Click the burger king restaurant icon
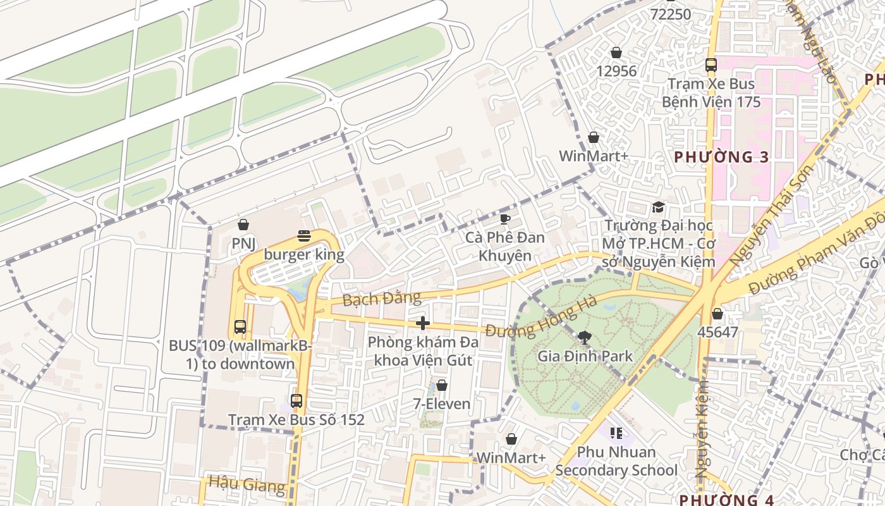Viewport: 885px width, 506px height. click(x=304, y=237)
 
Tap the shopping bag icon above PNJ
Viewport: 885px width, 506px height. click(x=243, y=225)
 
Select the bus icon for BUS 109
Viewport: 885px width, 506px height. click(x=240, y=327)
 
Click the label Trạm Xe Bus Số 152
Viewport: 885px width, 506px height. click(x=296, y=420)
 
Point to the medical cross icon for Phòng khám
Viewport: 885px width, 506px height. click(x=422, y=324)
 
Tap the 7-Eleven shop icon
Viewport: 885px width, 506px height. click(x=442, y=385)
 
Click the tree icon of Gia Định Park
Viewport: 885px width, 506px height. click(x=585, y=338)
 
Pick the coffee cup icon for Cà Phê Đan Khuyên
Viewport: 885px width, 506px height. click(x=504, y=219)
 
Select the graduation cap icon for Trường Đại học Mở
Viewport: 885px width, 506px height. click(x=658, y=207)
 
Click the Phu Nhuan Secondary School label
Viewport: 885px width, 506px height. click(x=616, y=461)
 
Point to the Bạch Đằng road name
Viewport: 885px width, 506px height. click(x=381, y=299)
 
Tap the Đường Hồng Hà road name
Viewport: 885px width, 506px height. click(x=542, y=321)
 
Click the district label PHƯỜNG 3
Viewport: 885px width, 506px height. click(x=721, y=157)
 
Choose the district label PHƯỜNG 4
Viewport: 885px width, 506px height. click(x=726, y=500)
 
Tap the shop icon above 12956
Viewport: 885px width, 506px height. click(x=616, y=52)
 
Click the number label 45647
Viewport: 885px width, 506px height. click(x=717, y=331)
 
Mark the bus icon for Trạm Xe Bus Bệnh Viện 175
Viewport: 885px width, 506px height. click(x=711, y=65)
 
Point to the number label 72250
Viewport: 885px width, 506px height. click(x=670, y=13)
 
